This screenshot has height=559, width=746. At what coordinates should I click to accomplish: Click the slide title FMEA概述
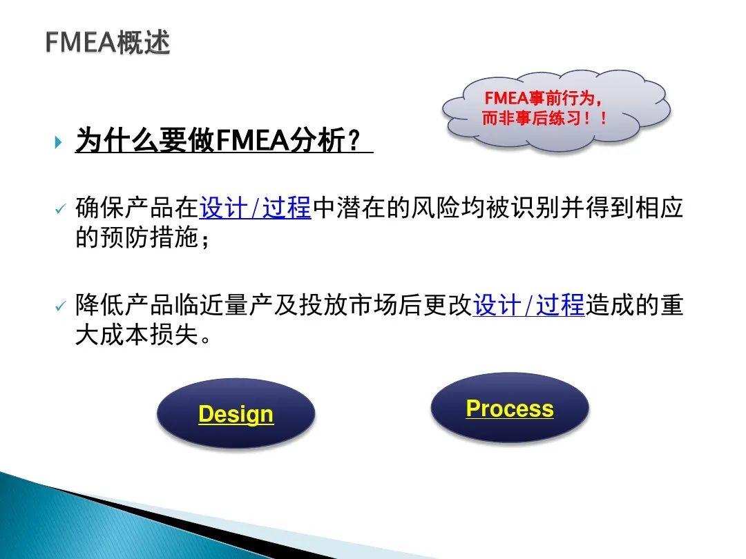point(108,43)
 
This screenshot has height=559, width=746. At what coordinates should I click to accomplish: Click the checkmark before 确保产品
point(59,209)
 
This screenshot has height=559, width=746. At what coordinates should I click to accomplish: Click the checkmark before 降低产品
point(59,306)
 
